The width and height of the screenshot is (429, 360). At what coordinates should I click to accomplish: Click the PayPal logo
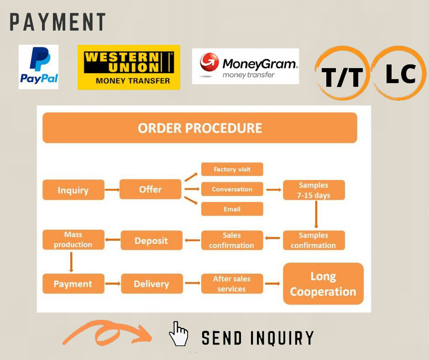[x=38, y=67]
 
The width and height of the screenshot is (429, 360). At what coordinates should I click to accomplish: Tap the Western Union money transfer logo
[x=129, y=67]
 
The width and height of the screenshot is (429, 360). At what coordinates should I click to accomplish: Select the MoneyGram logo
[x=246, y=66]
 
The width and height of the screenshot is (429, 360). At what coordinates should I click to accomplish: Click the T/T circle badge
[x=342, y=74]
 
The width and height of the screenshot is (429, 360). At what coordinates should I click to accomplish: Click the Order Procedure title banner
[x=199, y=128]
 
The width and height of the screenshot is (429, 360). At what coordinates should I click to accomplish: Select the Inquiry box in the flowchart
[x=73, y=190]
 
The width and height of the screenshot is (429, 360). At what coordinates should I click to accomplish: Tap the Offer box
[x=150, y=189]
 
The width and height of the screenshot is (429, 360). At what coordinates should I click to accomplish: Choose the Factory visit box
[x=232, y=169]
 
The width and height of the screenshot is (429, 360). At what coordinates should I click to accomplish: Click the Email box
[x=232, y=209]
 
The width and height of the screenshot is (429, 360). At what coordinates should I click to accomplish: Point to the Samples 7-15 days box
[x=314, y=190]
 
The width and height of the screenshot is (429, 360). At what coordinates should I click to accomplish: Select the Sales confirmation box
[x=232, y=240]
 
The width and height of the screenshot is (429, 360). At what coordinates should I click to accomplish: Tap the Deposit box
[x=151, y=240]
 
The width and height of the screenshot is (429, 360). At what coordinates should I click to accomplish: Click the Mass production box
[x=73, y=240]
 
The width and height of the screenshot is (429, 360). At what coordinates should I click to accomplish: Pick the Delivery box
[x=151, y=284]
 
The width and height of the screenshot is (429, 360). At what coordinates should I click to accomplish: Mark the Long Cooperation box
[x=323, y=284]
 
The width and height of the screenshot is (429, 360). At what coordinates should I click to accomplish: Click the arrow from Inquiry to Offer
[x=111, y=189]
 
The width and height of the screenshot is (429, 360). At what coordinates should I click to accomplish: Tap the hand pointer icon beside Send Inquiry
[x=178, y=334]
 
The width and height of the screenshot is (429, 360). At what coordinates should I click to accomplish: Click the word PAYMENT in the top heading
[x=58, y=22]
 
